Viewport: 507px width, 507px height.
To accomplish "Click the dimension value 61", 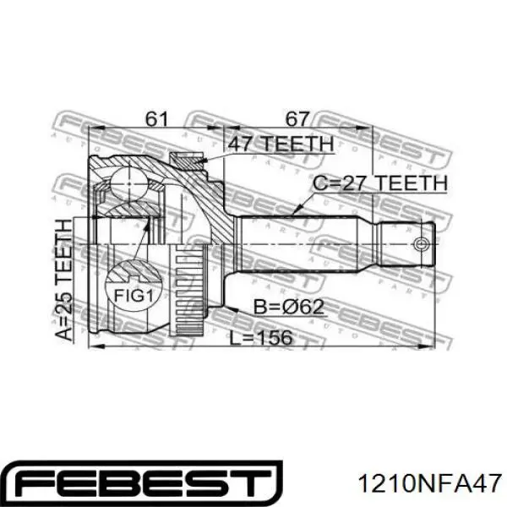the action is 156,119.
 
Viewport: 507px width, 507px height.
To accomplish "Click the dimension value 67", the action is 297,119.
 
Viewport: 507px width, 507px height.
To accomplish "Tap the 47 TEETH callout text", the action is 281,144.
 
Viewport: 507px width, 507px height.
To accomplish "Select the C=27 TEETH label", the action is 380,183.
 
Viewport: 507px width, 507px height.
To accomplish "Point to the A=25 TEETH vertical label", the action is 64,280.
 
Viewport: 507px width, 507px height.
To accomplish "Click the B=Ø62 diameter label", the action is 288,307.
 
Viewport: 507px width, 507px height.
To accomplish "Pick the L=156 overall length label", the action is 260,338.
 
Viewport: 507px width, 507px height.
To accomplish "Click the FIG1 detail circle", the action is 134,286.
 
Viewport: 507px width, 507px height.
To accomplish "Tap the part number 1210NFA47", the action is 430,483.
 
